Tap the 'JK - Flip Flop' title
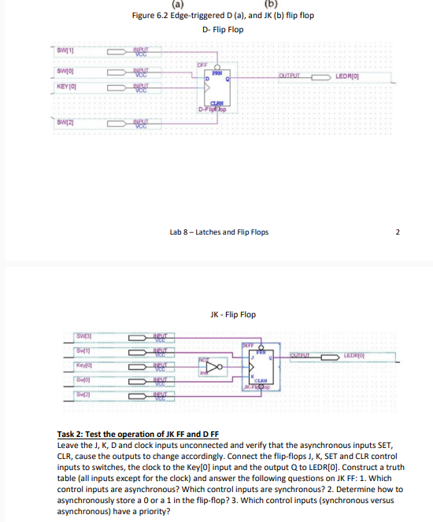(x=233, y=314)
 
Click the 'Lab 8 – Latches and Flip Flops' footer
(x=219, y=232)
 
